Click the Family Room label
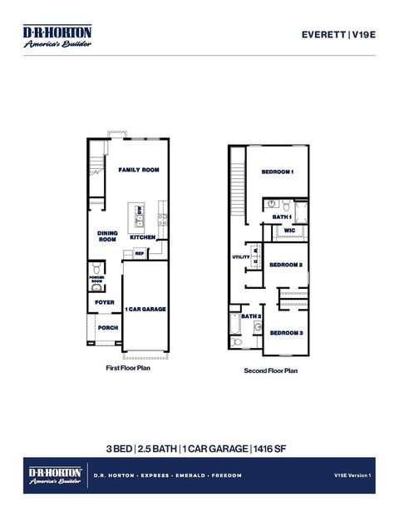coord(138,170)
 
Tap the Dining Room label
coord(107,236)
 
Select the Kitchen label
coord(142,237)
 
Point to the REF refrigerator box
coord(140,254)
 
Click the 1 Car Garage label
coord(145,309)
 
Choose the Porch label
coord(107,328)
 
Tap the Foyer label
coord(105,302)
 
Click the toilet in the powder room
coord(96,268)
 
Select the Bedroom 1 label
coord(278,172)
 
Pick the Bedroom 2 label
coord(285,265)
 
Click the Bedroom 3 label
coord(285,333)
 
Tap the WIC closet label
coord(289,231)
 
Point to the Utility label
coord(240,257)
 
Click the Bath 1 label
coord(282,216)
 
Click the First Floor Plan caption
coord(127,366)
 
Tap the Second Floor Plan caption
coord(270,370)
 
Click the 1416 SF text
coord(270,449)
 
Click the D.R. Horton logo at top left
coord(57,37)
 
